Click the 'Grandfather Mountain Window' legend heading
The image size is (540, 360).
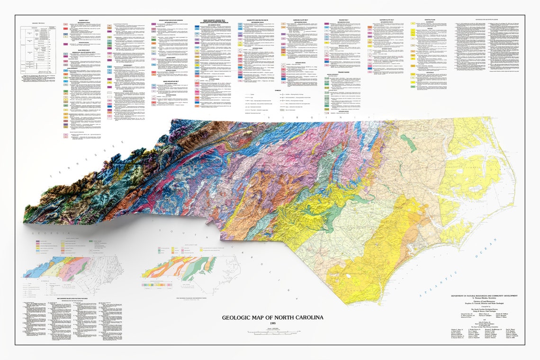(169, 21)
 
